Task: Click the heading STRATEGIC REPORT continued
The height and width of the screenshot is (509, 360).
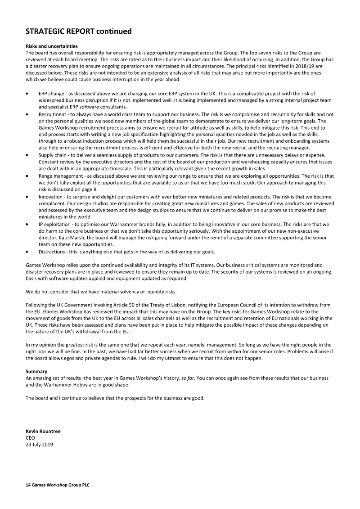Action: click(x=79, y=32)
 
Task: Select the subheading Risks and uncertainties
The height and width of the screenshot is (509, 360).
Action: click(x=52, y=46)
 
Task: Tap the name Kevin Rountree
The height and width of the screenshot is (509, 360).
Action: click(x=43, y=431)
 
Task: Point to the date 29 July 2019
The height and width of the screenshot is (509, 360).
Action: click(x=40, y=444)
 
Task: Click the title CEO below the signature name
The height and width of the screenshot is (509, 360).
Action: click(x=31, y=437)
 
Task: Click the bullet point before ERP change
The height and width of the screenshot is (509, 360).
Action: click(x=28, y=93)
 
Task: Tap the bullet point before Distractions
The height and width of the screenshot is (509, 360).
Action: click(x=28, y=251)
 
